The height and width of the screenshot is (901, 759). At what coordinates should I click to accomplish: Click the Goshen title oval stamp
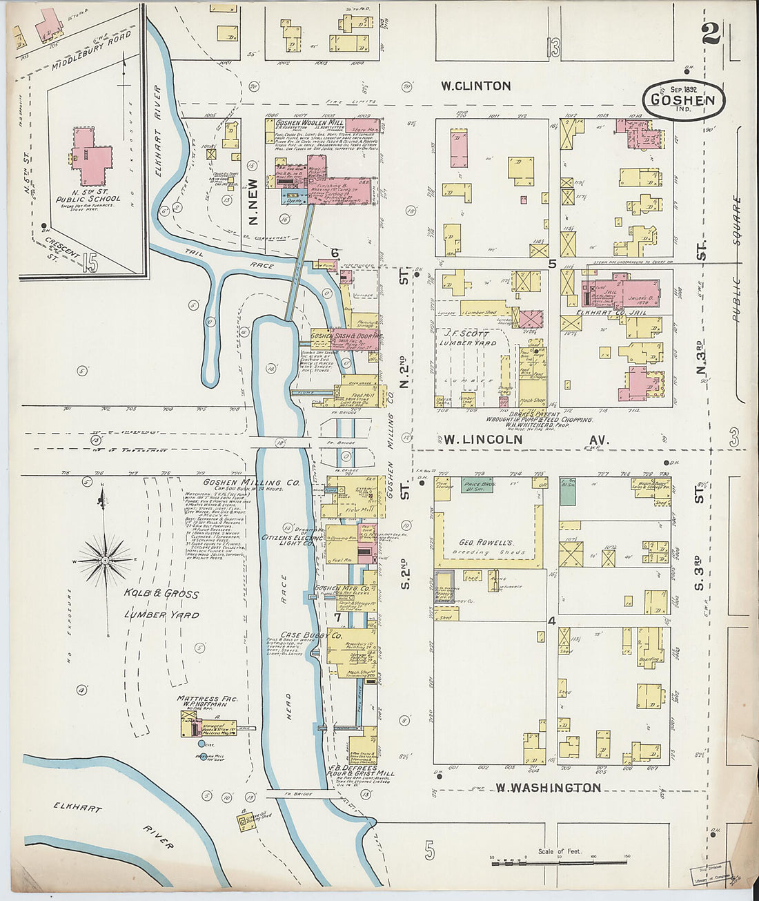click(x=683, y=100)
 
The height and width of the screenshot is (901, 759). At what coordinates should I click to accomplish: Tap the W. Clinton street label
click(x=476, y=86)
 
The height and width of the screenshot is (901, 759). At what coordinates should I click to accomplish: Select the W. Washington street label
click(x=548, y=787)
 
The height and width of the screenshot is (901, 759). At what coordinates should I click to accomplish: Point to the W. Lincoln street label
click(x=482, y=440)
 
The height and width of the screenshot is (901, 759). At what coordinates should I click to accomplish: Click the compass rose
click(x=105, y=560)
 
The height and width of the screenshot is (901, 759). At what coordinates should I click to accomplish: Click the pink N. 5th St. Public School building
click(x=91, y=155)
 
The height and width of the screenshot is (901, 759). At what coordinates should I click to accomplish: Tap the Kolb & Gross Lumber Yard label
click(x=161, y=604)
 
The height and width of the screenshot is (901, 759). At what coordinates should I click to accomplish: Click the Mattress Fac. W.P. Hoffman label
click(x=207, y=701)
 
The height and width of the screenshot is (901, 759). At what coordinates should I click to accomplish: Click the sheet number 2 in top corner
click(x=711, y=33)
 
